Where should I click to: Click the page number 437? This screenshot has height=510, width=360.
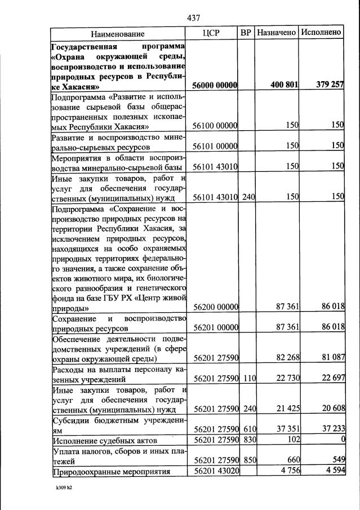pyautogui.click(x=193, y=19)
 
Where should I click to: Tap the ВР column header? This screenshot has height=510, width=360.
pyautogui.click(x=246, y=33)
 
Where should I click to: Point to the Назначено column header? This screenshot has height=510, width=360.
pyautogui.click(x=276, y=33)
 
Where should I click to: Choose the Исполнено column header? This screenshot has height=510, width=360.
pyautogui.click(x=321, y=33)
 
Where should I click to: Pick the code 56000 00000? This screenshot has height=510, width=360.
pyautogui.click(x=214, y=86)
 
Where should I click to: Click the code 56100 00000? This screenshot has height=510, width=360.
pyautogui.click(x=214, y=125)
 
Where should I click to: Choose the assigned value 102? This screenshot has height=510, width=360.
pyautogui.click(x=292, y=440)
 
